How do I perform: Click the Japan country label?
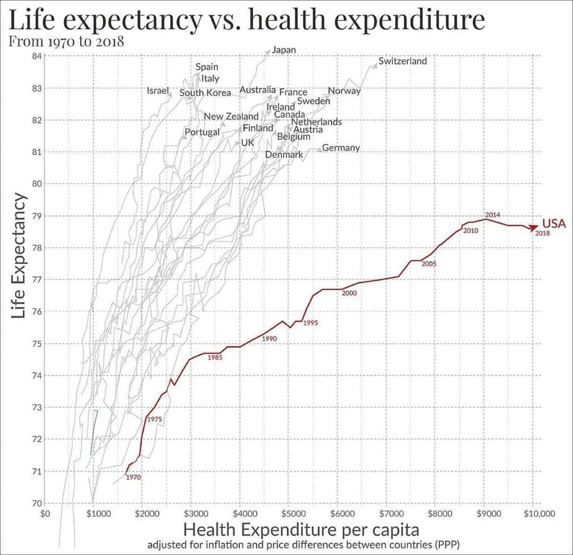(284, 50)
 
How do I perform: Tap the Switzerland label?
(402, 61)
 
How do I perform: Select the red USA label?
(553, 223)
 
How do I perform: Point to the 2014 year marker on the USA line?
(492, 215)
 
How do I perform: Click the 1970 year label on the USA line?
(133, 477)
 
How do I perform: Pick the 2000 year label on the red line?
(349, 293)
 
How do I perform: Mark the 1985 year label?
(215, 357)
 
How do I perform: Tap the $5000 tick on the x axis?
(293, 514)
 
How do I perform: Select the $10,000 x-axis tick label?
(539, 514)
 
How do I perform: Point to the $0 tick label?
(45, 514)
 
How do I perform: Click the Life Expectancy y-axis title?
(18, 255)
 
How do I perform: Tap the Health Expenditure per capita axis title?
(301, 530)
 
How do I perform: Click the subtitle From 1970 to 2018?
(66, 41)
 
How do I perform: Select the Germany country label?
(341, 148)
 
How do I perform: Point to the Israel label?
(158, 90)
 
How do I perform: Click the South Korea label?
(205, 93)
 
